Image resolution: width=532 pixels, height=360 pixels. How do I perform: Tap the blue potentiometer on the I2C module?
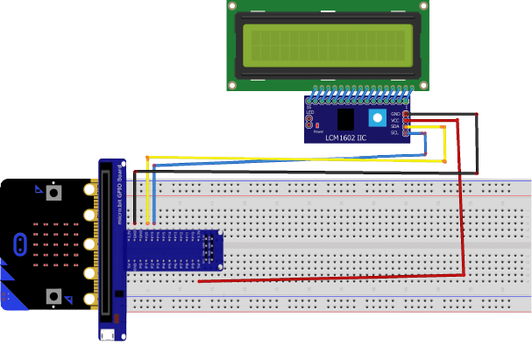(378, 118)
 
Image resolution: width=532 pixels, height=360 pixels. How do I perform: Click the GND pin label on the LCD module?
(395, 114)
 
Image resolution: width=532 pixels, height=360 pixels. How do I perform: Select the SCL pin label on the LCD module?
(395, 132)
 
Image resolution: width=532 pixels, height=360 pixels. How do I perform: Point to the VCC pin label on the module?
(395, 120)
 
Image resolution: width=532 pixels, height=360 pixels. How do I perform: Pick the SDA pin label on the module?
(395, 126)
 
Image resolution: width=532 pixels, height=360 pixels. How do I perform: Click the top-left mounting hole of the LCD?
(233, 5)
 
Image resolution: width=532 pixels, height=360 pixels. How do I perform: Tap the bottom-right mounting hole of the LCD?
(423, 85)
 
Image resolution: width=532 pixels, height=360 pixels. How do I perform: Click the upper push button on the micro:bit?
(54, 192)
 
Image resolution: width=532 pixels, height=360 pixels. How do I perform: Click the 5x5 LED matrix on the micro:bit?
(54, 244)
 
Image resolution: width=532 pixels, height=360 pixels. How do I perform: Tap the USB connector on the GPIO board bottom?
(107, 335)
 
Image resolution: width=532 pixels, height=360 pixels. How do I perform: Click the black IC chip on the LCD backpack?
(345, 119)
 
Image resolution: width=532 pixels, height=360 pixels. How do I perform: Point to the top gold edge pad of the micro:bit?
(89, 189)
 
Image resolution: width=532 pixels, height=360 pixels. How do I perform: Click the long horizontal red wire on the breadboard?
(333, 278)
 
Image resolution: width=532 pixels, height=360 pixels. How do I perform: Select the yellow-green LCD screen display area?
(328, 46)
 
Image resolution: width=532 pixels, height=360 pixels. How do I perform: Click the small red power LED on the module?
(316, 125)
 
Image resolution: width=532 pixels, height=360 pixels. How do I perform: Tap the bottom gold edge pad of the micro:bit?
(89, 299)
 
